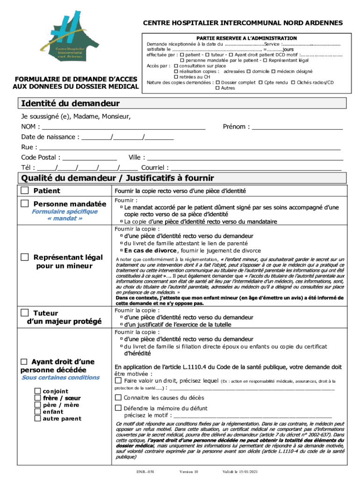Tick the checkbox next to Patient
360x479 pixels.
point(25,190)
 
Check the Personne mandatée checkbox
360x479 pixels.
point(25,203)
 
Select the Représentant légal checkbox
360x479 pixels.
point(25,257)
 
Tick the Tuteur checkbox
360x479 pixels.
point(25,312)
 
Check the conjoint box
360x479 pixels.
point(37,391)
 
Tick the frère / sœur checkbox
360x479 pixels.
point(37,398)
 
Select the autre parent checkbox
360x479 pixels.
point(37,419)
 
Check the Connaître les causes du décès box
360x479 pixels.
point(118,397)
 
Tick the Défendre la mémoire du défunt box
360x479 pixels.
point(118,408)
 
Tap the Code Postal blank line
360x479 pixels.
point(90,159)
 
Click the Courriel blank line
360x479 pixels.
point(256,168)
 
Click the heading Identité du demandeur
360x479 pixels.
point(70,103)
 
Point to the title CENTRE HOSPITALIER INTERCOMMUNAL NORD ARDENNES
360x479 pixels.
point(243,22)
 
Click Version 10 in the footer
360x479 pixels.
point(189,472)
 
